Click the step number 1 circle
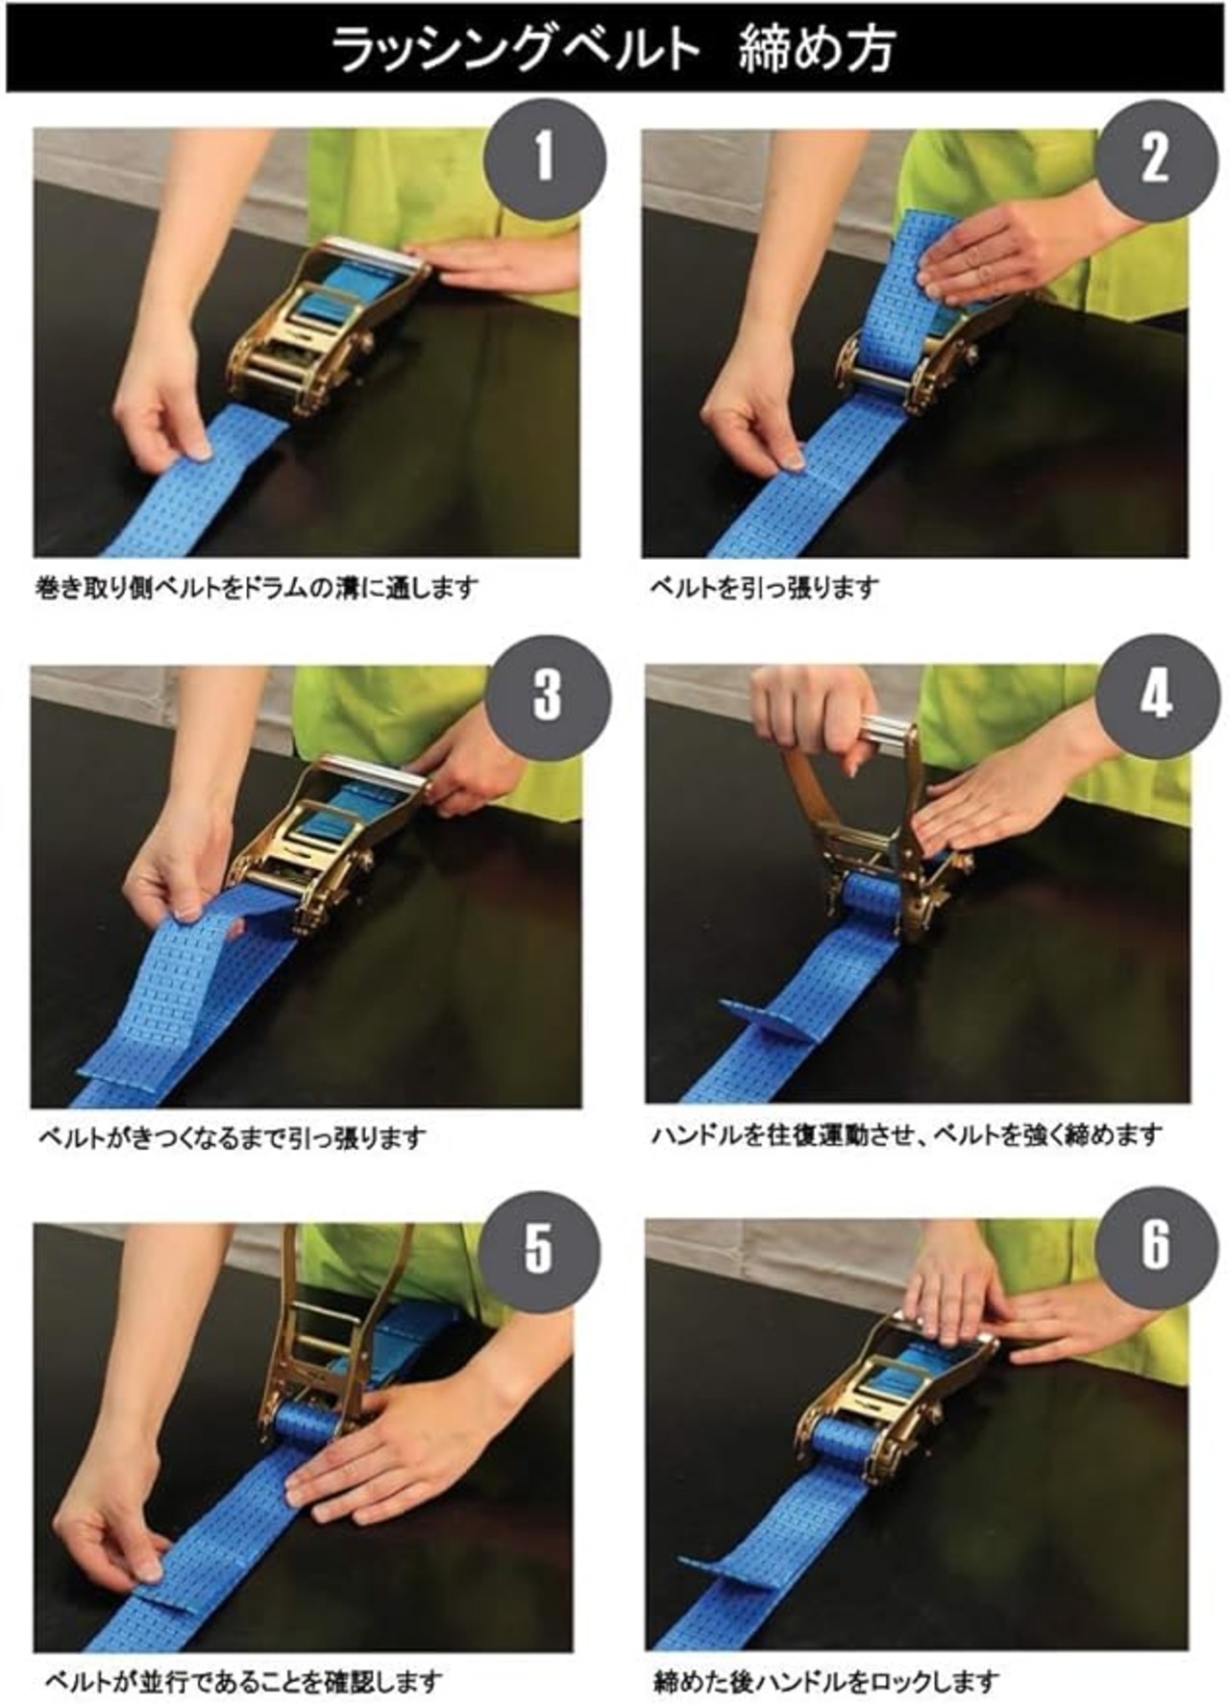pyautogui.click(x=545, y=158)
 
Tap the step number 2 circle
pyautogui.click(x=1155, y=158)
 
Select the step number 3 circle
pyautogui.click(x=548, y=694)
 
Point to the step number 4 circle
pyautogui.click(x=1156, y=694)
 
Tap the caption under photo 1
pyautogui.click(x=257, y=587)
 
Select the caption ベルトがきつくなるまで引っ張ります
pyautogui.click(x=231, y=1138)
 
